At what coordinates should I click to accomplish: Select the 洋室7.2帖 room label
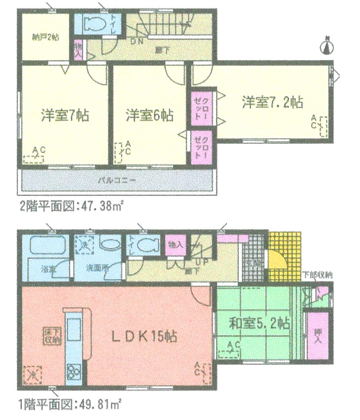tap(272, 103)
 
